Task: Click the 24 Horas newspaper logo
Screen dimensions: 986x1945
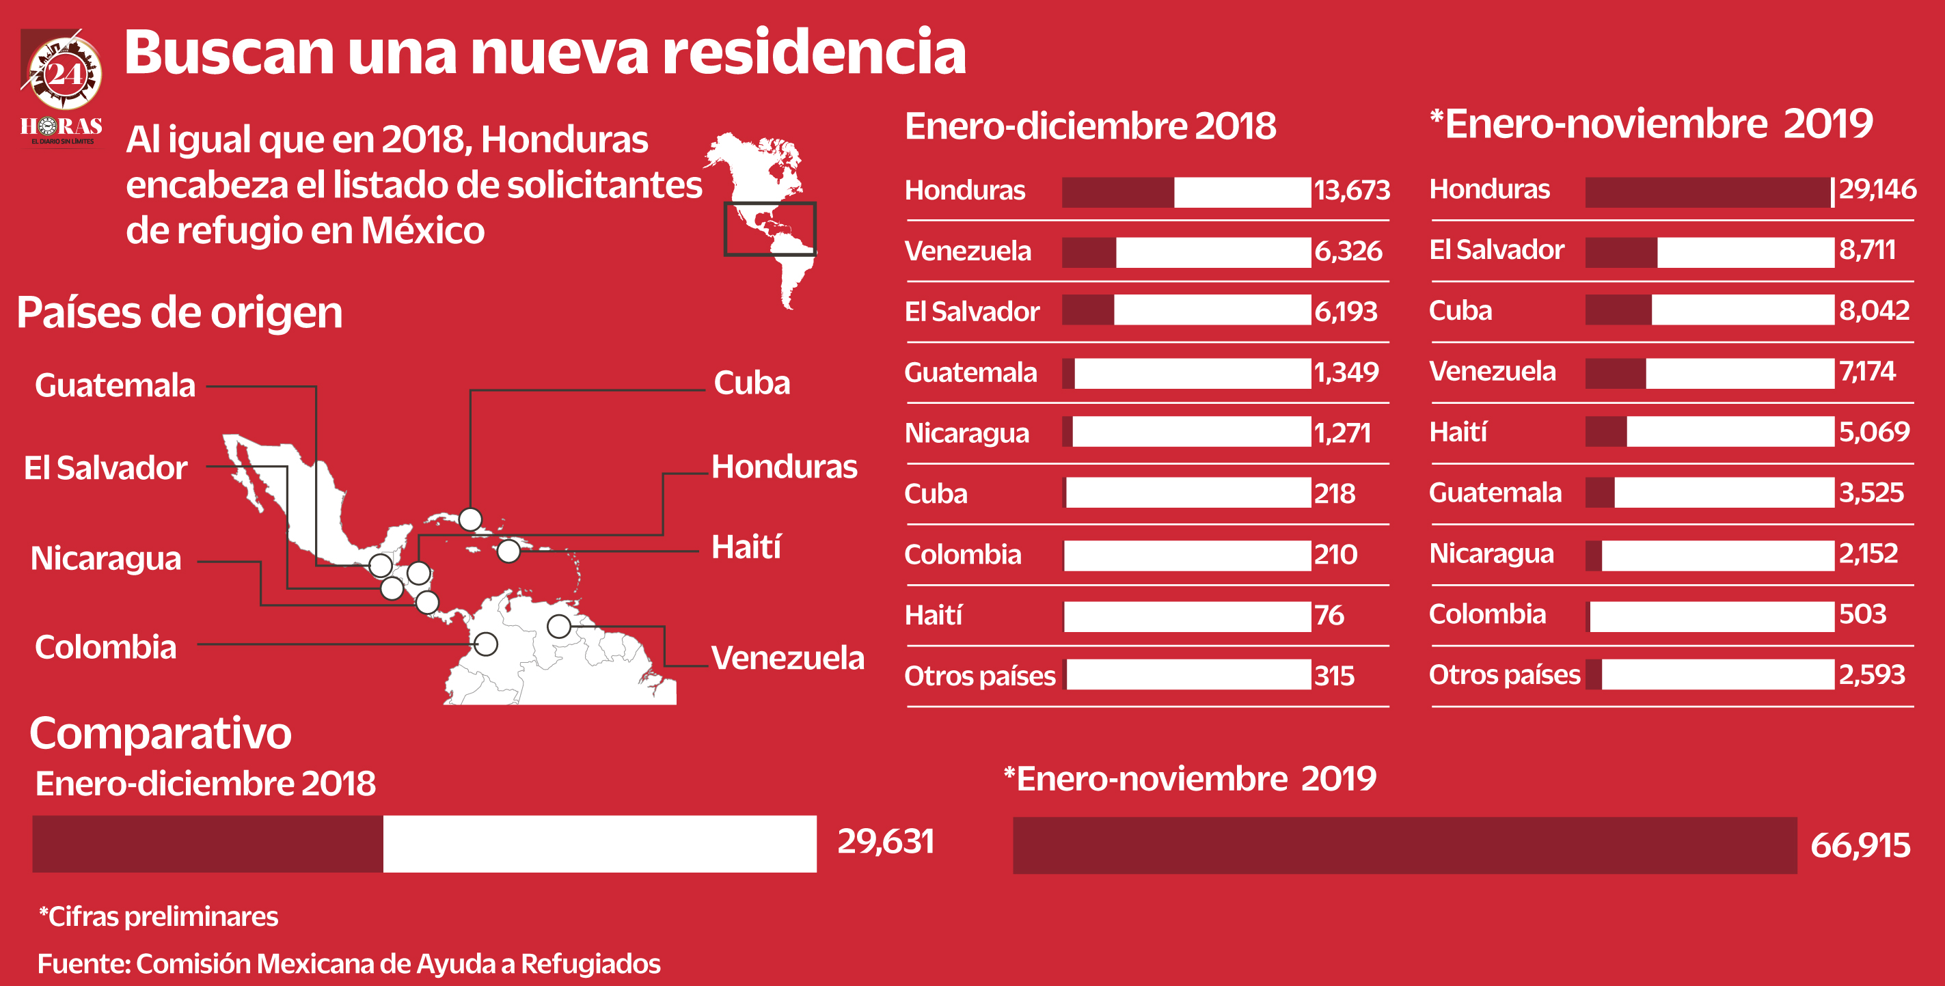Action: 62,87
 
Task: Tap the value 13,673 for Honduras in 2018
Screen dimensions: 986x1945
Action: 1352,190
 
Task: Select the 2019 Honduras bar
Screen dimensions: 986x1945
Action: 1709,192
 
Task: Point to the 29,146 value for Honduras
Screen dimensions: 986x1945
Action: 1876,189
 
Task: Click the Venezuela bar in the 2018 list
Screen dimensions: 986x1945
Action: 1186,252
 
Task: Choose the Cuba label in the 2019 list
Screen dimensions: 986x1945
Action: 1460,310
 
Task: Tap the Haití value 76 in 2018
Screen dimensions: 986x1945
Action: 1329,615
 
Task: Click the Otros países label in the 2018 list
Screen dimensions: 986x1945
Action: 979,676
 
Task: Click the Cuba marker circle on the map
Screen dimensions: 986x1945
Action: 470,519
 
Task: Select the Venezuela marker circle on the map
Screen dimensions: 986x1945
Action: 559,626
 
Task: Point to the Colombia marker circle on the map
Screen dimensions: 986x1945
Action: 485,644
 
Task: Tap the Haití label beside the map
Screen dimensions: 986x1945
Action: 746,547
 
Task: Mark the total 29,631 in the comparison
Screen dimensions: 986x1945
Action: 886,841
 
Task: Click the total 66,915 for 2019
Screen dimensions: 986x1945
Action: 1860,845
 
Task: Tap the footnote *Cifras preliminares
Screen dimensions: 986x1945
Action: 159,916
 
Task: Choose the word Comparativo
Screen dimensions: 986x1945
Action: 160,733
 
